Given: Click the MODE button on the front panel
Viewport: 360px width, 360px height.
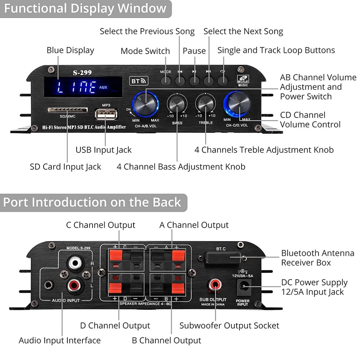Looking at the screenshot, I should pos(166,80).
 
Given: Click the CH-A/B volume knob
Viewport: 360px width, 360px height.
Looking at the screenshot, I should pos(145,102).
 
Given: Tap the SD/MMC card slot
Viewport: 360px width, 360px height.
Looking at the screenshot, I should pos(67,109).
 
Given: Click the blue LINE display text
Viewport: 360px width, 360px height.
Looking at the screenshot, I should pos(77,87).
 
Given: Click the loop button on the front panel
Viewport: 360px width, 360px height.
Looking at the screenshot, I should pos(222,80).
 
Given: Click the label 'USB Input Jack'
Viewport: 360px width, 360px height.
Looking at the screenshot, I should pos(103,150).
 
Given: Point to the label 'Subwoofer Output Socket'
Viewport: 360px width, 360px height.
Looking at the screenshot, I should pos(229,326).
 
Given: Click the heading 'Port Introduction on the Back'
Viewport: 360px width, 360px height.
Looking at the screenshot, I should pos(92,202).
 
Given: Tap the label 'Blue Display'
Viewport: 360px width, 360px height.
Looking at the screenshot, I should pos(70,50).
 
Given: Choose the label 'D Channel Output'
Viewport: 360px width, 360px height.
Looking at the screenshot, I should pos(115,326).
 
